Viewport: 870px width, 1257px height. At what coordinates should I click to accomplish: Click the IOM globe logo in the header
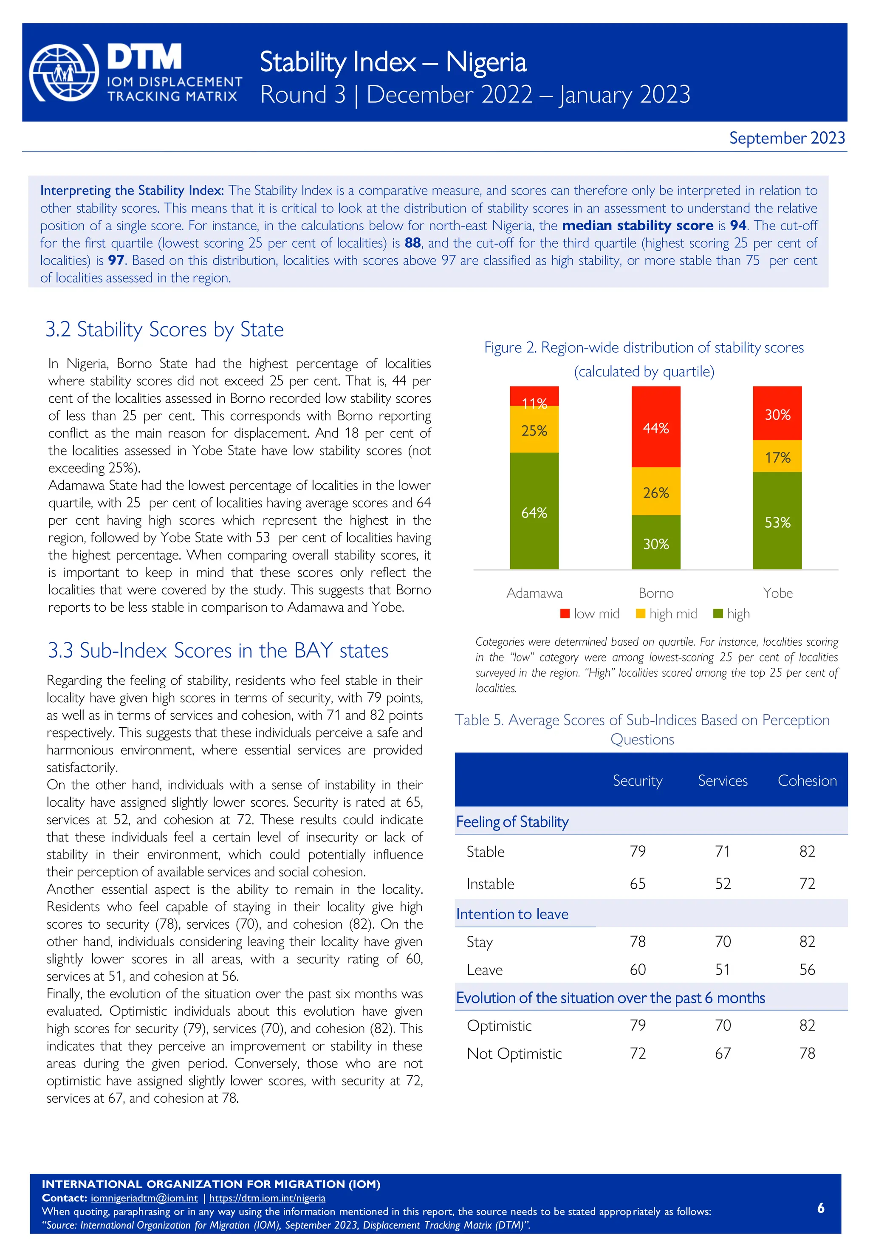(64, 73)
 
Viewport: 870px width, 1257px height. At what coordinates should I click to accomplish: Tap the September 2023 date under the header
(787, 138)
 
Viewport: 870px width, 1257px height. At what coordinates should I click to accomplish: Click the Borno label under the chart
(656, 593)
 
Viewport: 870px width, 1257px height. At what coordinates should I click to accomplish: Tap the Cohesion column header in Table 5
(807, 781)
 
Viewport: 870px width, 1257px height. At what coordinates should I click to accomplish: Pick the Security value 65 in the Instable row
(637, 884)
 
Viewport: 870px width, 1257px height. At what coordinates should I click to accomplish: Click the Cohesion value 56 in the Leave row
(807, 970)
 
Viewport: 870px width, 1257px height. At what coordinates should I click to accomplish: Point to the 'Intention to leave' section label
(512, 914)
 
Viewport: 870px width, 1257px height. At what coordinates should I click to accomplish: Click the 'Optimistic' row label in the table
(499, 1026)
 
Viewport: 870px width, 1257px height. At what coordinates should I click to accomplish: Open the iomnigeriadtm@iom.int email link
(144, 1198)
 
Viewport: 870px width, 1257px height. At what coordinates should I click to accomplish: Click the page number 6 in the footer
(820, 1208)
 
